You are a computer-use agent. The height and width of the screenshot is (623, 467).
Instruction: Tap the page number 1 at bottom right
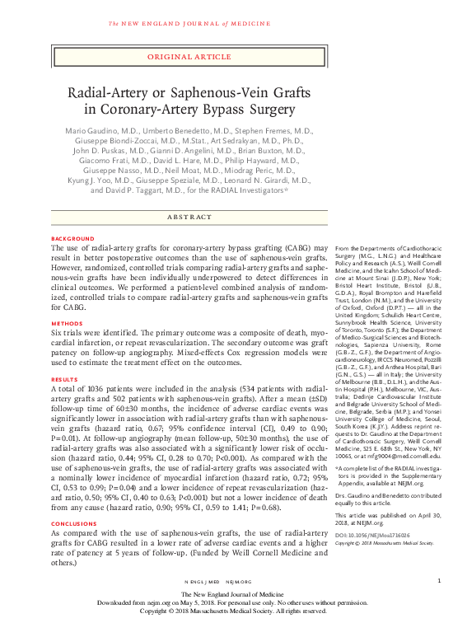pyautogui.click(x=439, y=580)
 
